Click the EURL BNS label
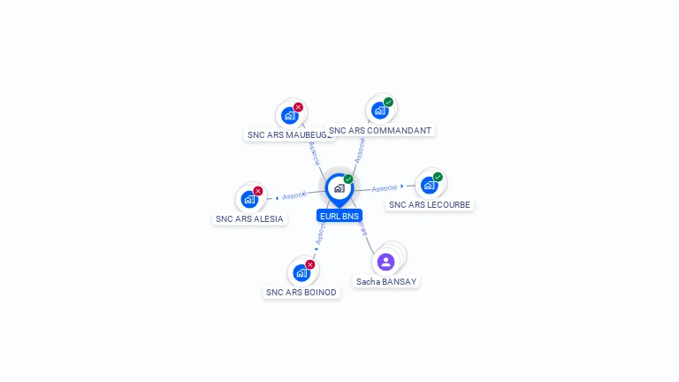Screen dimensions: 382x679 pos(339,216)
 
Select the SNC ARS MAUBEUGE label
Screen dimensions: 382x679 pos(289,135)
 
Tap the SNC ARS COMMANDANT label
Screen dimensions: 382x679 pos(380,131)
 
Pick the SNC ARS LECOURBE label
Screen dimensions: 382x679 pos(431,205)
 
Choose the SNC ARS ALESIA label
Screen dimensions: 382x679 pos(249,219)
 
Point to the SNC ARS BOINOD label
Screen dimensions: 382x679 pos(301,293)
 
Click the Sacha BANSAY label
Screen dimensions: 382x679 pos(385,282)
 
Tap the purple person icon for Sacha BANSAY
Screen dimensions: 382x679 pos(385,262)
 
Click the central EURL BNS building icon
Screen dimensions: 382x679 pos(339,188)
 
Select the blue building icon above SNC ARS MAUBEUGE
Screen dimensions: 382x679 pos(289,115)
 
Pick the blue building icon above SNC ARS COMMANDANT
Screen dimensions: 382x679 pos(379,111)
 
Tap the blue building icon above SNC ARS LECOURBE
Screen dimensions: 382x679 pos(429,185)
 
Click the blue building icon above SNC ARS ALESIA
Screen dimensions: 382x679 pos(248,199)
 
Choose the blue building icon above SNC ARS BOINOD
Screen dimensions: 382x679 pos(301,272)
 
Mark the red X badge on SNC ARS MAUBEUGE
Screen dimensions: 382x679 pos(298,107)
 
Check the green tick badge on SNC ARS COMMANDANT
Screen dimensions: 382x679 pos(388,103)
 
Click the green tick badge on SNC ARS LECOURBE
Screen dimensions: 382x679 pos(438,177)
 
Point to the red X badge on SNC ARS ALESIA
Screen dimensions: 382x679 pos(258,191)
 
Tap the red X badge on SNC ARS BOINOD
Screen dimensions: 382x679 pos(310,264)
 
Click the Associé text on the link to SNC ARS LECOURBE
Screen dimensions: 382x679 pos(385,188)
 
